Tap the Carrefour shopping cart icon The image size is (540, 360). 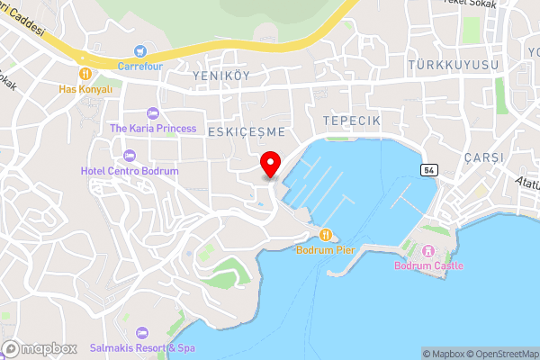pyautogui.click(x=139, y=50)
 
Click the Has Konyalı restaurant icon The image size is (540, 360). pyautogui.click(x=85, y=73)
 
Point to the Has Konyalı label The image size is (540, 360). pyautogui.click(x=85, y=89)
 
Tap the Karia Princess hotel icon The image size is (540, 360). pyautogui.click(x=152, y=113)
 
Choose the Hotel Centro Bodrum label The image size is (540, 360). pyautogui.click(x=130, y=170)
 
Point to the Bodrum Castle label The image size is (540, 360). pyautogui.click(x=428, y=265)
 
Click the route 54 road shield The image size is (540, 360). pyautogui.click(x=427, y=170)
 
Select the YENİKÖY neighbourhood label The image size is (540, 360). pyautogui.click(x=220, y=77)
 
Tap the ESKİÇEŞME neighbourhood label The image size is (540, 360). pyautogui.click(x=246, y=131)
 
